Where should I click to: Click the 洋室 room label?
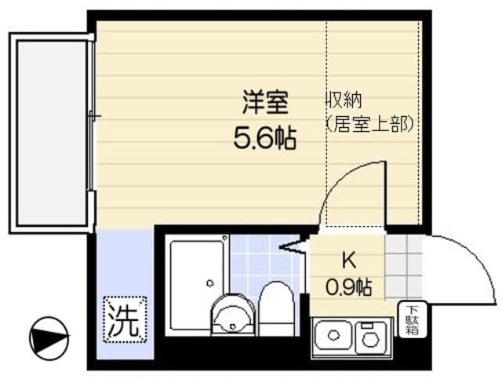point(264,103)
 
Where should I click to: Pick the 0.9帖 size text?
point(348,287)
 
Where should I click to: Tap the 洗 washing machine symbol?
point(125,320)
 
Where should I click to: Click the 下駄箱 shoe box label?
point(411,320)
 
